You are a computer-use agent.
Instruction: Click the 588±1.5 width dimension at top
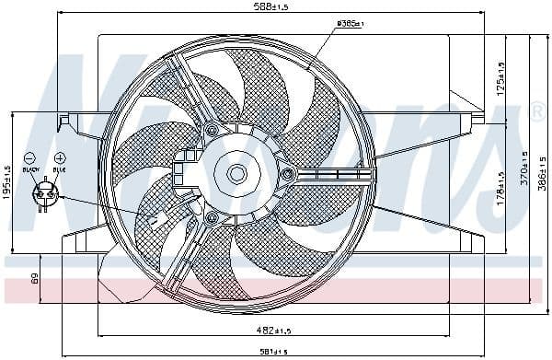(272, 7)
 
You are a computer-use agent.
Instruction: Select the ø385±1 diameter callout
(351, 22)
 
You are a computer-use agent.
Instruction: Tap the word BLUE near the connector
(60, 170)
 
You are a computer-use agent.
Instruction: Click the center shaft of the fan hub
(236, 172)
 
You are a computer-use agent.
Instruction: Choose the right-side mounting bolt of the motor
(288, 173)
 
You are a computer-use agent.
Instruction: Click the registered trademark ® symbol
(538, 112)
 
